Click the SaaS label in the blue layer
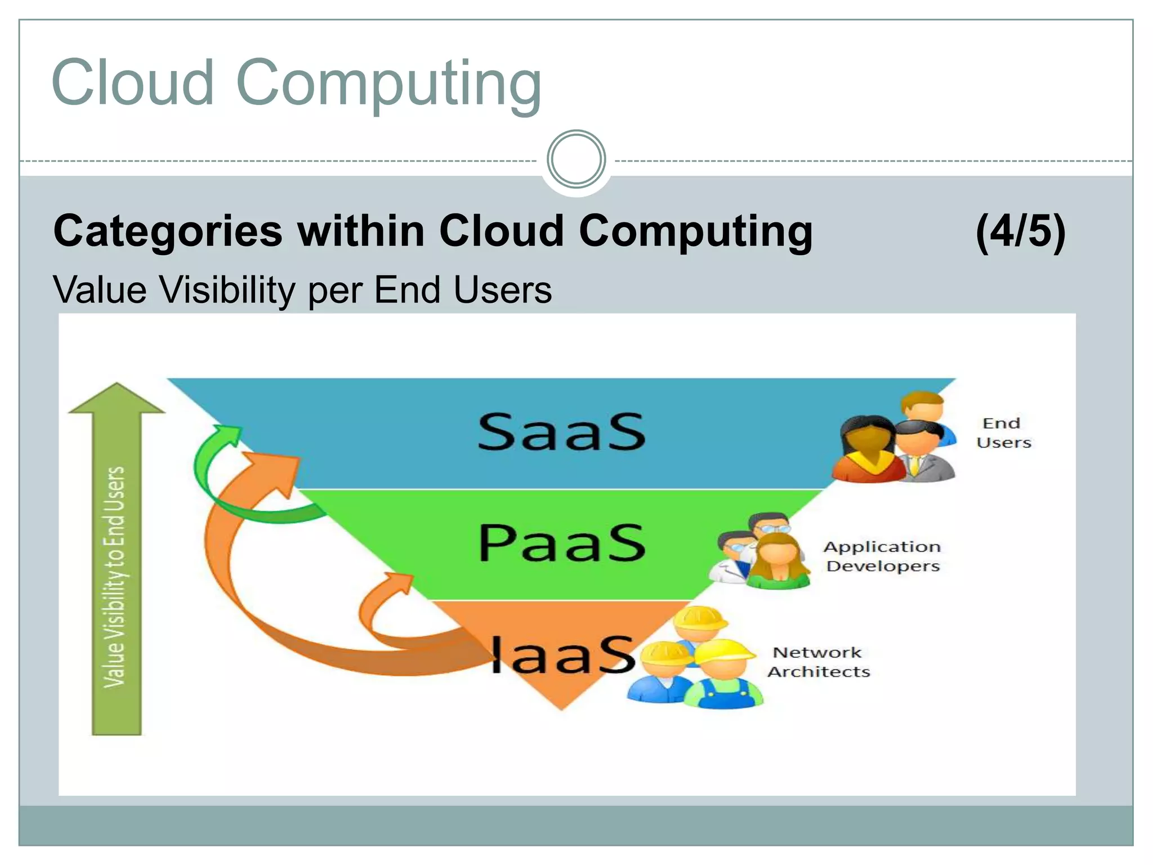tap(561, 432)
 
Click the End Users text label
tap(1003, 433)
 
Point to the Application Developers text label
tap(882, 556)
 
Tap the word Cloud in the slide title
tap(132, 83)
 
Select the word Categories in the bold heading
tap(168, 231)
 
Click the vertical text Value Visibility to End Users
tap(115, 577)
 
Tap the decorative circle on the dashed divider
tap(576, 159)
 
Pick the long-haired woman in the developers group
tap(779, 560)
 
